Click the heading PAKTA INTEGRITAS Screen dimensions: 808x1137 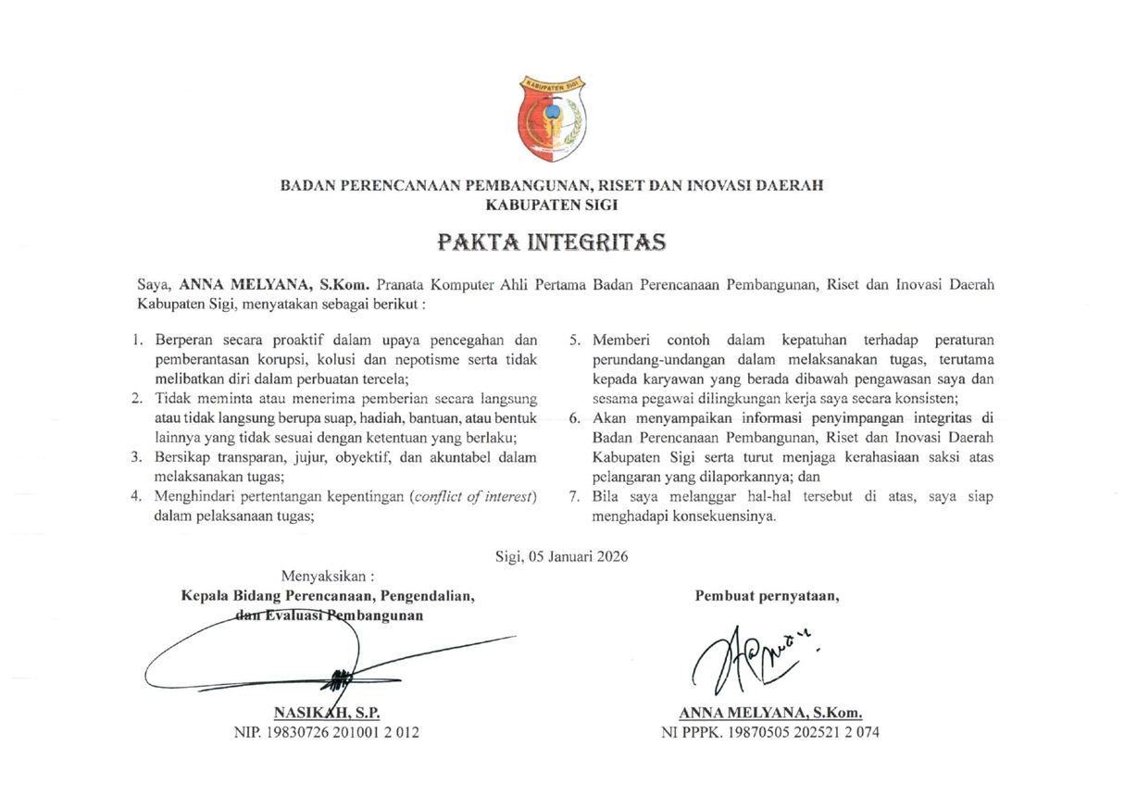[552, 242]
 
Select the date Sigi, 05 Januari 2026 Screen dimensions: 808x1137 [562, 556]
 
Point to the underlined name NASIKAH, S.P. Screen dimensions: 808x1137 [326, 712]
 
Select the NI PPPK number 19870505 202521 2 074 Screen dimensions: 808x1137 [779, 732]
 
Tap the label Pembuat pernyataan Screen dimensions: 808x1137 [768, 596]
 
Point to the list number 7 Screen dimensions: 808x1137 [574, 497]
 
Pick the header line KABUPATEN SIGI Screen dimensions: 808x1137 [552, 205]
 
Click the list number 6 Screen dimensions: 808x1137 [574, 417]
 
